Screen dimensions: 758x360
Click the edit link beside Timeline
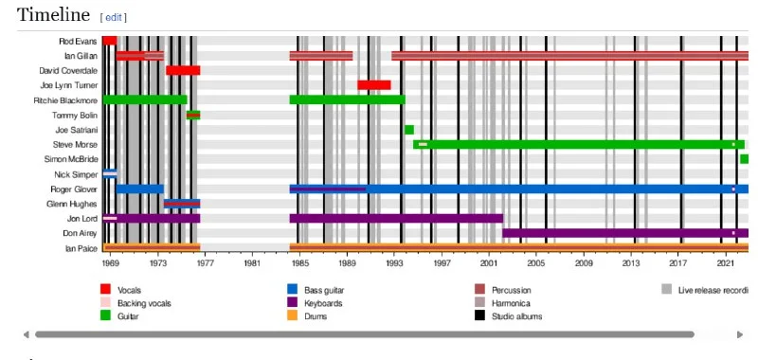tap(114, 17)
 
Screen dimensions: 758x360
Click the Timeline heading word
tap(53, 14)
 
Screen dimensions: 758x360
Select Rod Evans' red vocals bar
tap(110, 41)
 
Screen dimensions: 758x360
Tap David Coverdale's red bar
tap(183, 70)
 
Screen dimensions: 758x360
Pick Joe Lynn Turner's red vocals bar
tap(374, 85)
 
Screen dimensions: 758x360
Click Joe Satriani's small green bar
tap(409, 130)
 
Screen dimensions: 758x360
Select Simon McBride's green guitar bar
tap(744, 159)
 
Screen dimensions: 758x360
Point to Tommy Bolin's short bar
tap(193, 115)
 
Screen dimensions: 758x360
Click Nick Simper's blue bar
tap(110, 174)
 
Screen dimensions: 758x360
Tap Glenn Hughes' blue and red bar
tap(182, 204)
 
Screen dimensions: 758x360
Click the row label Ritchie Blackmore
tap(65, 100)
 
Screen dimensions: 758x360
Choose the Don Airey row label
tap(80, 233)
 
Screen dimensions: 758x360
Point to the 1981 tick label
tap(252, 262)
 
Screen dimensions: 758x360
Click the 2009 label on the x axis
tap(584, 262)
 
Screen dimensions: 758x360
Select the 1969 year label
tap(111, 262)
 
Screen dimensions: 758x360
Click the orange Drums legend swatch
tap(292, 315)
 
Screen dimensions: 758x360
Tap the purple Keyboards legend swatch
tap(292, 302)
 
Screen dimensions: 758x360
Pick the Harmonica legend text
tap(511, 303)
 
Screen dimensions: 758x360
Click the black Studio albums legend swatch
tap(479, 315)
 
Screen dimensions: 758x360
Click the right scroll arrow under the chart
tap(740, 334)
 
